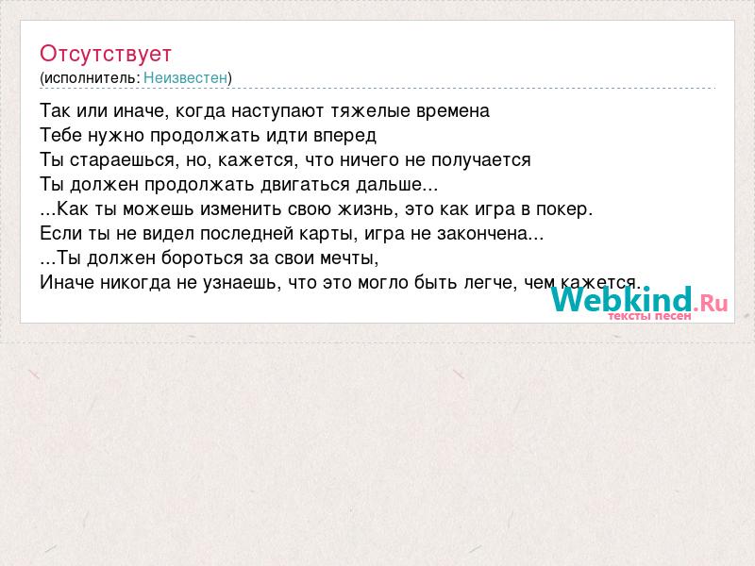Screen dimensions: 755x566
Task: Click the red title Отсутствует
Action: pos(106,54)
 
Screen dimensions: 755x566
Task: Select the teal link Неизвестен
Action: pos(185,77)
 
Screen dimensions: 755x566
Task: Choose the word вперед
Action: pos(344,136)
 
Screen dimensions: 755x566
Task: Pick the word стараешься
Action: pos(122,160)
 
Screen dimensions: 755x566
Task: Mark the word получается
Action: pos(481,160)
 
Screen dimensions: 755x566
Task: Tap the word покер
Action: pos(562,209)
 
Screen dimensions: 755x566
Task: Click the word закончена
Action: pos(482,234)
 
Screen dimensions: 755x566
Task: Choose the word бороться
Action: pos(203,258)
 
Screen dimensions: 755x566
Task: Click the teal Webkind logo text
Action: pos(621,299)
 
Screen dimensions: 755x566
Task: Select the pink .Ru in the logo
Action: pos(711,303)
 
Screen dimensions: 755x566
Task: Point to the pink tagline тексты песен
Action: pos(649,316)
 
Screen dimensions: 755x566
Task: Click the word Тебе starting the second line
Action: pos(60,136)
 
